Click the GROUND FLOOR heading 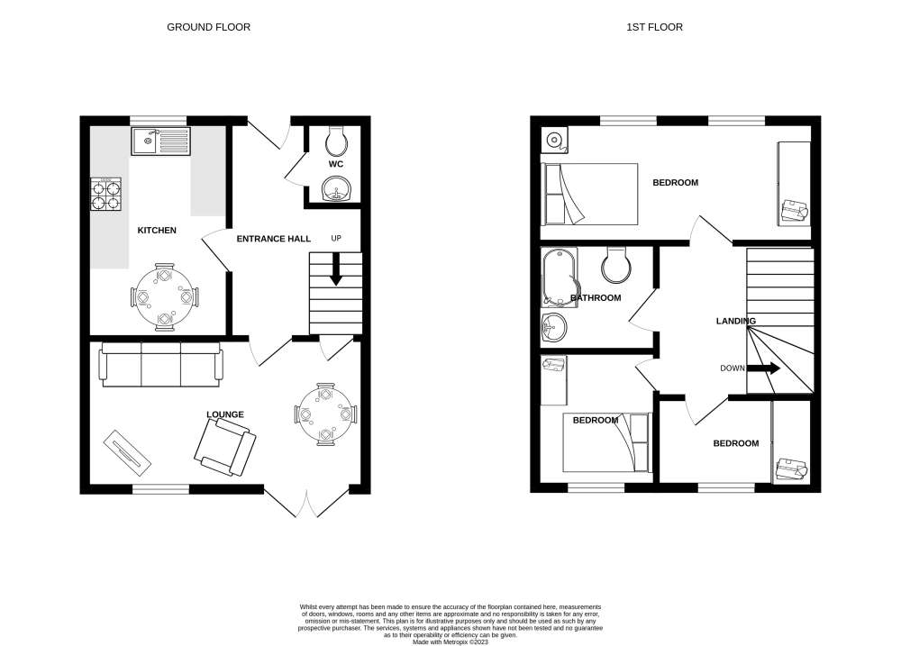pos(209,27)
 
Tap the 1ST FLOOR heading pos(654,27)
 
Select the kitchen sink pos(160,141)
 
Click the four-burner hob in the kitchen pos(106,195)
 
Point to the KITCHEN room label pos(157,231)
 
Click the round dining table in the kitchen pos(164,297)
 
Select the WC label pos(336,164)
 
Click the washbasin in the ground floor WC pos(336,190)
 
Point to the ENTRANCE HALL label pos(274,239)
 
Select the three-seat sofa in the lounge pos(161,364)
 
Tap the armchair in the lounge pos(224,447)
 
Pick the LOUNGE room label pos(225,414)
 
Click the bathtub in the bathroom pos(560,278)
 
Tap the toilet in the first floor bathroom pos(616,265)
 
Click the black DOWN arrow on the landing pos(763,368)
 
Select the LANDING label pos(736,322)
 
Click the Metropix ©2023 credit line pos(450,642)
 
